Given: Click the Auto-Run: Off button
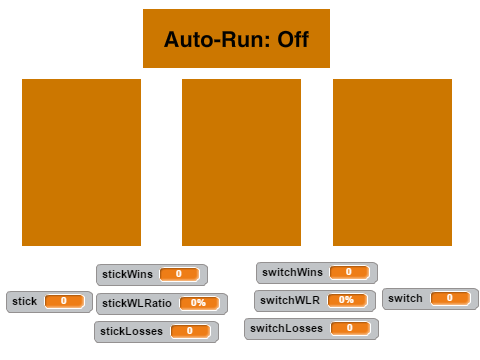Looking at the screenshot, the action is (x=236, y=38).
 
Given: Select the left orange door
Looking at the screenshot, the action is (x=81, y=162).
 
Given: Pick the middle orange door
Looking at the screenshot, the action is (x=241, y=162).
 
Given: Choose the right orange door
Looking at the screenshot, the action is (x=392, y=162).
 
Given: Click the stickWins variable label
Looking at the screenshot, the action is (x=127, y=274).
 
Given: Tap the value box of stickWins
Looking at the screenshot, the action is (x=180, y=274).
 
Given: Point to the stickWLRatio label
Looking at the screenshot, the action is (x=137, y=303).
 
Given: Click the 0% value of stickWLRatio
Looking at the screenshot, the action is (x=199, y=303).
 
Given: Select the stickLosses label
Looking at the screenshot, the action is (x=131, y=331).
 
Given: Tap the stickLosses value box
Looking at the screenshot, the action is (x=190, y=331).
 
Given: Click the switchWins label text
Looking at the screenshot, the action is (x=292, y=272).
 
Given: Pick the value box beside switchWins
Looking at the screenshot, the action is (x=350, y=272).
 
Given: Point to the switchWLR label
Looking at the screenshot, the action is (x=290, y=300).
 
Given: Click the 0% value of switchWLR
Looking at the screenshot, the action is (x=347, y=300).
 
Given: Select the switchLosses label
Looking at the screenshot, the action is (x=286, y=328).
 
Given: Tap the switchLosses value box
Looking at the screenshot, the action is (x=350, y=328).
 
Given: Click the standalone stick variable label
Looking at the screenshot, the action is (x=24, y=301).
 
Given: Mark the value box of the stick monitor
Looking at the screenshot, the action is (x=64, y=301).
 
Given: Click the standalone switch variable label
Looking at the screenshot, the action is (x=405, y=298).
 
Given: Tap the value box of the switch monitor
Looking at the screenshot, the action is (x=450, y=298).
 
